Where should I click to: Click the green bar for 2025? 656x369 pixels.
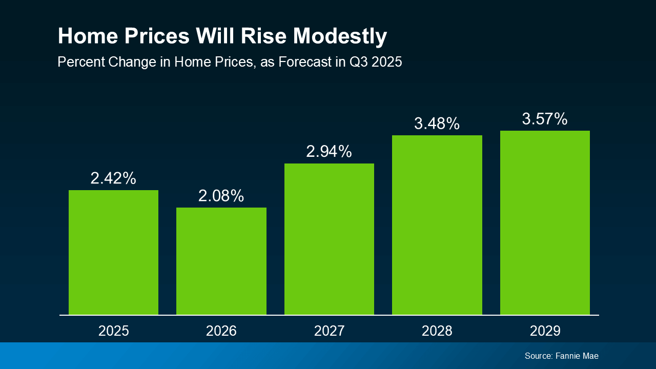pyautogui.click(x=113, y=252)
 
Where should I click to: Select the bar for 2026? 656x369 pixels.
pyautogui.click(x=221, y=261)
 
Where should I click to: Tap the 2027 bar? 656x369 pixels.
pyautogui.click(x=329, y=239)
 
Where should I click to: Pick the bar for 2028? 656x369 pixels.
pyautogui.click(x=437, y=224)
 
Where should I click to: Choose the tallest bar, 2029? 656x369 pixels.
pyautogui.click(x=545, y=222)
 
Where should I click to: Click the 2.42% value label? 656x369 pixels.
pyautogui.click(x=113, y=178)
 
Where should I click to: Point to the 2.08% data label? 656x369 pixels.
pyautogui.click(x=221, y=196)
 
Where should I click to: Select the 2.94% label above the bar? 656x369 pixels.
pyautogui.click(x=329, y=152)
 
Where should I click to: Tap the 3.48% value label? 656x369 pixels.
pyautogui.click(x=437, y=124)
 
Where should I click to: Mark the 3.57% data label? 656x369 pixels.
pyautogui.click(x=545, y=119)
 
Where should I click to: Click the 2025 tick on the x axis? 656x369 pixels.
pyautogui.click(x=113, y=331)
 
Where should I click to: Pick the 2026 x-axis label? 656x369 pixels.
pyautogui.click(x=221, y=331)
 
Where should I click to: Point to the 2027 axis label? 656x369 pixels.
pyautogui.click(x=329, y=331)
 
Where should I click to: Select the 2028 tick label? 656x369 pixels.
pyautogui.click(x=437, y=331)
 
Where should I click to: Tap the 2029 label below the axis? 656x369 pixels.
pyautogui.click(x=545, y=331)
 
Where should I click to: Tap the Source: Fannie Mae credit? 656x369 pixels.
pyautogui.click(x=561, y=356)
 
